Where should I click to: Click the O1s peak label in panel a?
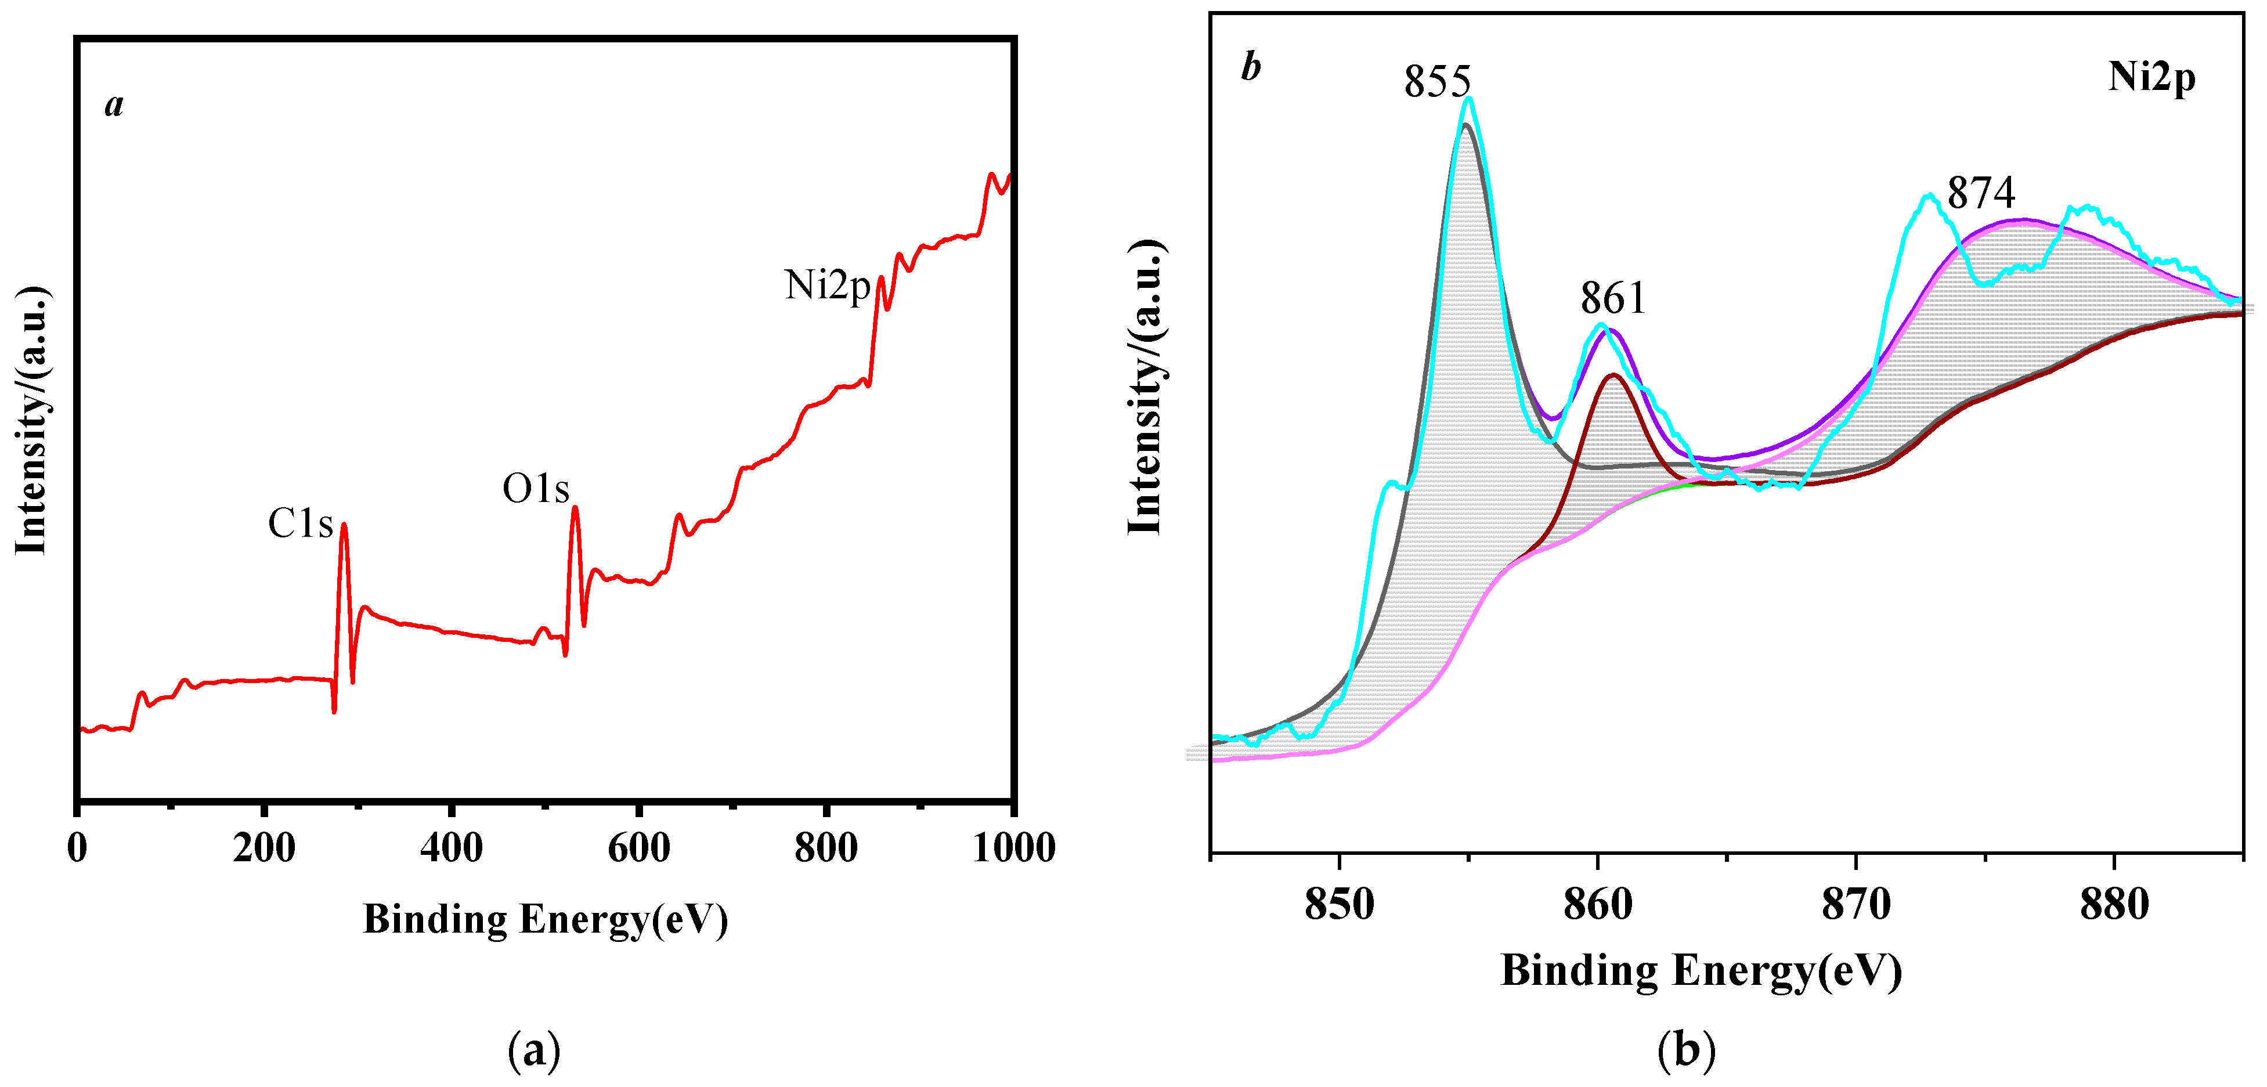pos(535,489)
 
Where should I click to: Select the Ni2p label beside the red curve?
pos(826,285)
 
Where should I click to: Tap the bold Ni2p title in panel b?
pos(2151,77)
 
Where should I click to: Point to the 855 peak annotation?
pos(1437,82)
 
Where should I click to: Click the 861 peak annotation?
pos(1612,298)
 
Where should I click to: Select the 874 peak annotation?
pos(1980,193)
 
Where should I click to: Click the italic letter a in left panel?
pos(114,104)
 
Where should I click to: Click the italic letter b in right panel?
pos(1251,67)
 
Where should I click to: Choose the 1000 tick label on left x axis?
pos(1014,847)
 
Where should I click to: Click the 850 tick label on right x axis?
pos(1340,904)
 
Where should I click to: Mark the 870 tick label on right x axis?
pos(1856,904)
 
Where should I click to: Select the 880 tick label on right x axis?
pos(2114,904)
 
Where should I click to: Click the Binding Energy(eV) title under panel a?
pos(546,920)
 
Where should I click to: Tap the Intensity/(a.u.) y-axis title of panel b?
pos(1145,387)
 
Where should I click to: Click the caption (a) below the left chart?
pos(533,1050)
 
